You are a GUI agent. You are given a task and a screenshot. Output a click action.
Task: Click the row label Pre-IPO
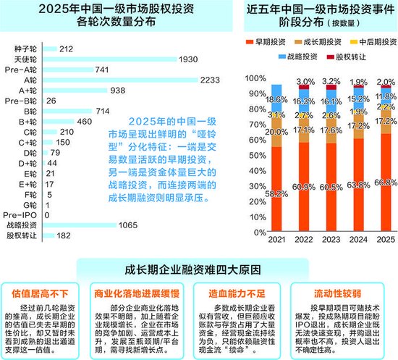[x=22, y=215]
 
